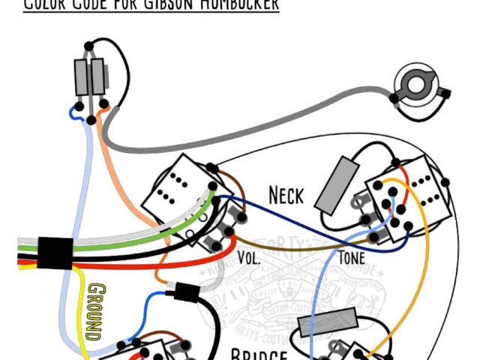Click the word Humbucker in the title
tap(232, 4)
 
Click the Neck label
tap(286, 196)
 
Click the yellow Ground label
tap(94, 311)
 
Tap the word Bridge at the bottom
tap(258, 354)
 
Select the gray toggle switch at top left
tap(91, 76)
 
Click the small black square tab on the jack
tap(447, 94)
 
